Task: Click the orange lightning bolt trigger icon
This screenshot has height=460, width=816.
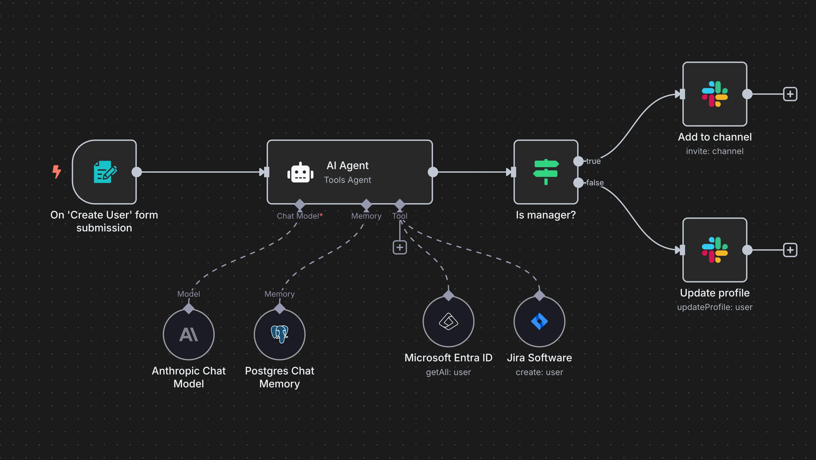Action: [x=57, y=172]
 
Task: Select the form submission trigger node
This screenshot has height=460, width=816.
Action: [x=104, y=172]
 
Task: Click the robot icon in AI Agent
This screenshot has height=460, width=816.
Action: [x=300, y=173]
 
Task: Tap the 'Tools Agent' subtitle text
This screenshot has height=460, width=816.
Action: [x=348, y=180]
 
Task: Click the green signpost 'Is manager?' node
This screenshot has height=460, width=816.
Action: [x=546, y=172]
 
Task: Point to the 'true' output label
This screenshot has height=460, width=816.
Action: [x=594, y=161]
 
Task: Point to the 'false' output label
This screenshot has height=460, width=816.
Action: [x=595, y=183]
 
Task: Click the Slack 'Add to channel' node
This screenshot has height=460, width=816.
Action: [x=715, y=94]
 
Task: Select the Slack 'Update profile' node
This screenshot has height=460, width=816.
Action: [x=715, y=250]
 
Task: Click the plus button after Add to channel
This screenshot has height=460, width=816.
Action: [x=790, y=94]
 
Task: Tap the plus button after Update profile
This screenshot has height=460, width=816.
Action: [x=790, y=250]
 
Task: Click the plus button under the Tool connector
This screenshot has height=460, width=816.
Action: [x=400, y=247]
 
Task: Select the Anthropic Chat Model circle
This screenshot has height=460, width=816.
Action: [x=189, y=334]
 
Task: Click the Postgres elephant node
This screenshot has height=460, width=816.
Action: [x=280, y=334]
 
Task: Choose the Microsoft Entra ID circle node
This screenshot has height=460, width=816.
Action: [x=449, y=321]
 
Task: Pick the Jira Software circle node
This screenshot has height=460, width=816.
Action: [x=539, y=321]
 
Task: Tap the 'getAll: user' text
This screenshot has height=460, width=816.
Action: [x=449, y=373]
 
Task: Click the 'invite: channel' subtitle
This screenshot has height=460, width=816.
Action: [x=715, y=151]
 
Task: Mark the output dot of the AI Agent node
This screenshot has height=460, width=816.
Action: [x=433, y=172]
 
